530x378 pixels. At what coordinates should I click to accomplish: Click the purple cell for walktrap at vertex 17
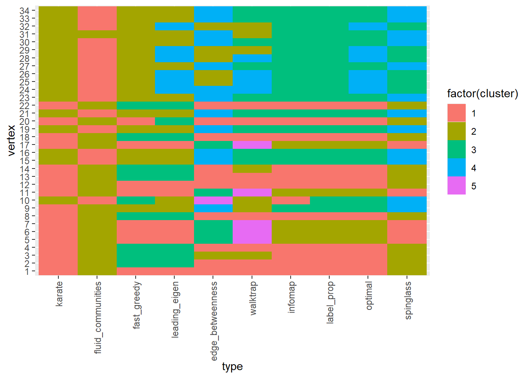coord(252,145)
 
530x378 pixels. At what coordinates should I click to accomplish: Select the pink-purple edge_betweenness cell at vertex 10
coord(213,200)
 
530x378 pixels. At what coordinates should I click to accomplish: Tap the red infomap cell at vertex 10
coord(291,200)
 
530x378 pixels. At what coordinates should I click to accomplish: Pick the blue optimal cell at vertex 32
coord(368,26)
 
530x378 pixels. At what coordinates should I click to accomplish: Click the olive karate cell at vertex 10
coord(58,200)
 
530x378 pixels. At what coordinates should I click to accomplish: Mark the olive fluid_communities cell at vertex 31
coord(97,34)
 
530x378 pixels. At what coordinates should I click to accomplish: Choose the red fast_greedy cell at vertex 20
coord(136,121)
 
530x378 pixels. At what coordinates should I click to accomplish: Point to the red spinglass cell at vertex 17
coord(407,145)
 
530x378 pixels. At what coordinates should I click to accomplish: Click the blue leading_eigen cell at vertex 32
coord(174,26)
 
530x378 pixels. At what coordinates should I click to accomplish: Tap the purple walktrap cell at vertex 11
coord(252,193)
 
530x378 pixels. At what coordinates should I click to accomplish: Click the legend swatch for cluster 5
coord(456,185)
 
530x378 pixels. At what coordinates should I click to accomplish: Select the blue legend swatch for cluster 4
coord(456,167)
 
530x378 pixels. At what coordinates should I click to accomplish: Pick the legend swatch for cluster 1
coord(456,113)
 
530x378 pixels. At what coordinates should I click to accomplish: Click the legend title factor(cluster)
coord(482,94)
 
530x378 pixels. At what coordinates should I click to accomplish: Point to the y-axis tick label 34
coord(24,11)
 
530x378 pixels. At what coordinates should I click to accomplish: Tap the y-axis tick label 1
coord(27,271)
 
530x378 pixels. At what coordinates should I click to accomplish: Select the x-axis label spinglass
coord(408,300)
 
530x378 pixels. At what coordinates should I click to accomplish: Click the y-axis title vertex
coord(11,141)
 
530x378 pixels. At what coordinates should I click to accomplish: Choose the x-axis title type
coord(232,367)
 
